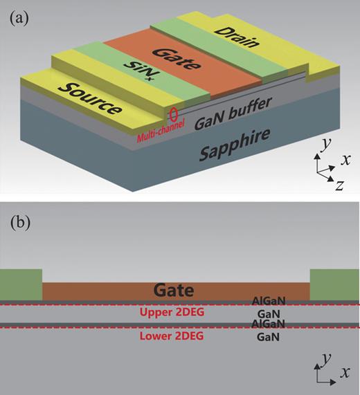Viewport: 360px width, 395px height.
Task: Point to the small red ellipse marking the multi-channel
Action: click(x=172, y=113)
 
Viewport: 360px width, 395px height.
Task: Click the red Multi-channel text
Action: click(x=159, y=129)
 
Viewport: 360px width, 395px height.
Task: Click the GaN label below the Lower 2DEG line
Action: click(x=264, y=336)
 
